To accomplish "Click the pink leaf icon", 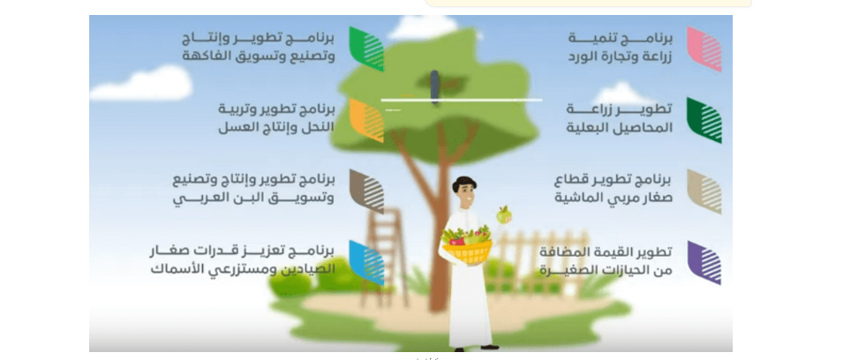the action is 704,49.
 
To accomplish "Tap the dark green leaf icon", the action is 704,120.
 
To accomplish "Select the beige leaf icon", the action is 704,191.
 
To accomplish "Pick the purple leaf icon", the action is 704,263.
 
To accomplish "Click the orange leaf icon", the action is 366,120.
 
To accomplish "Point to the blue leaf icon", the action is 366,263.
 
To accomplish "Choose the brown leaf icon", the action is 366,191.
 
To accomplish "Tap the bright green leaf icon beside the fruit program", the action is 366,49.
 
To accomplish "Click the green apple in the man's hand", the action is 504,214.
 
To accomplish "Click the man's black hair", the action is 464,184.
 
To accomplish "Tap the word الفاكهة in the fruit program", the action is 204,56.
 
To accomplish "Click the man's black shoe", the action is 489,347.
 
